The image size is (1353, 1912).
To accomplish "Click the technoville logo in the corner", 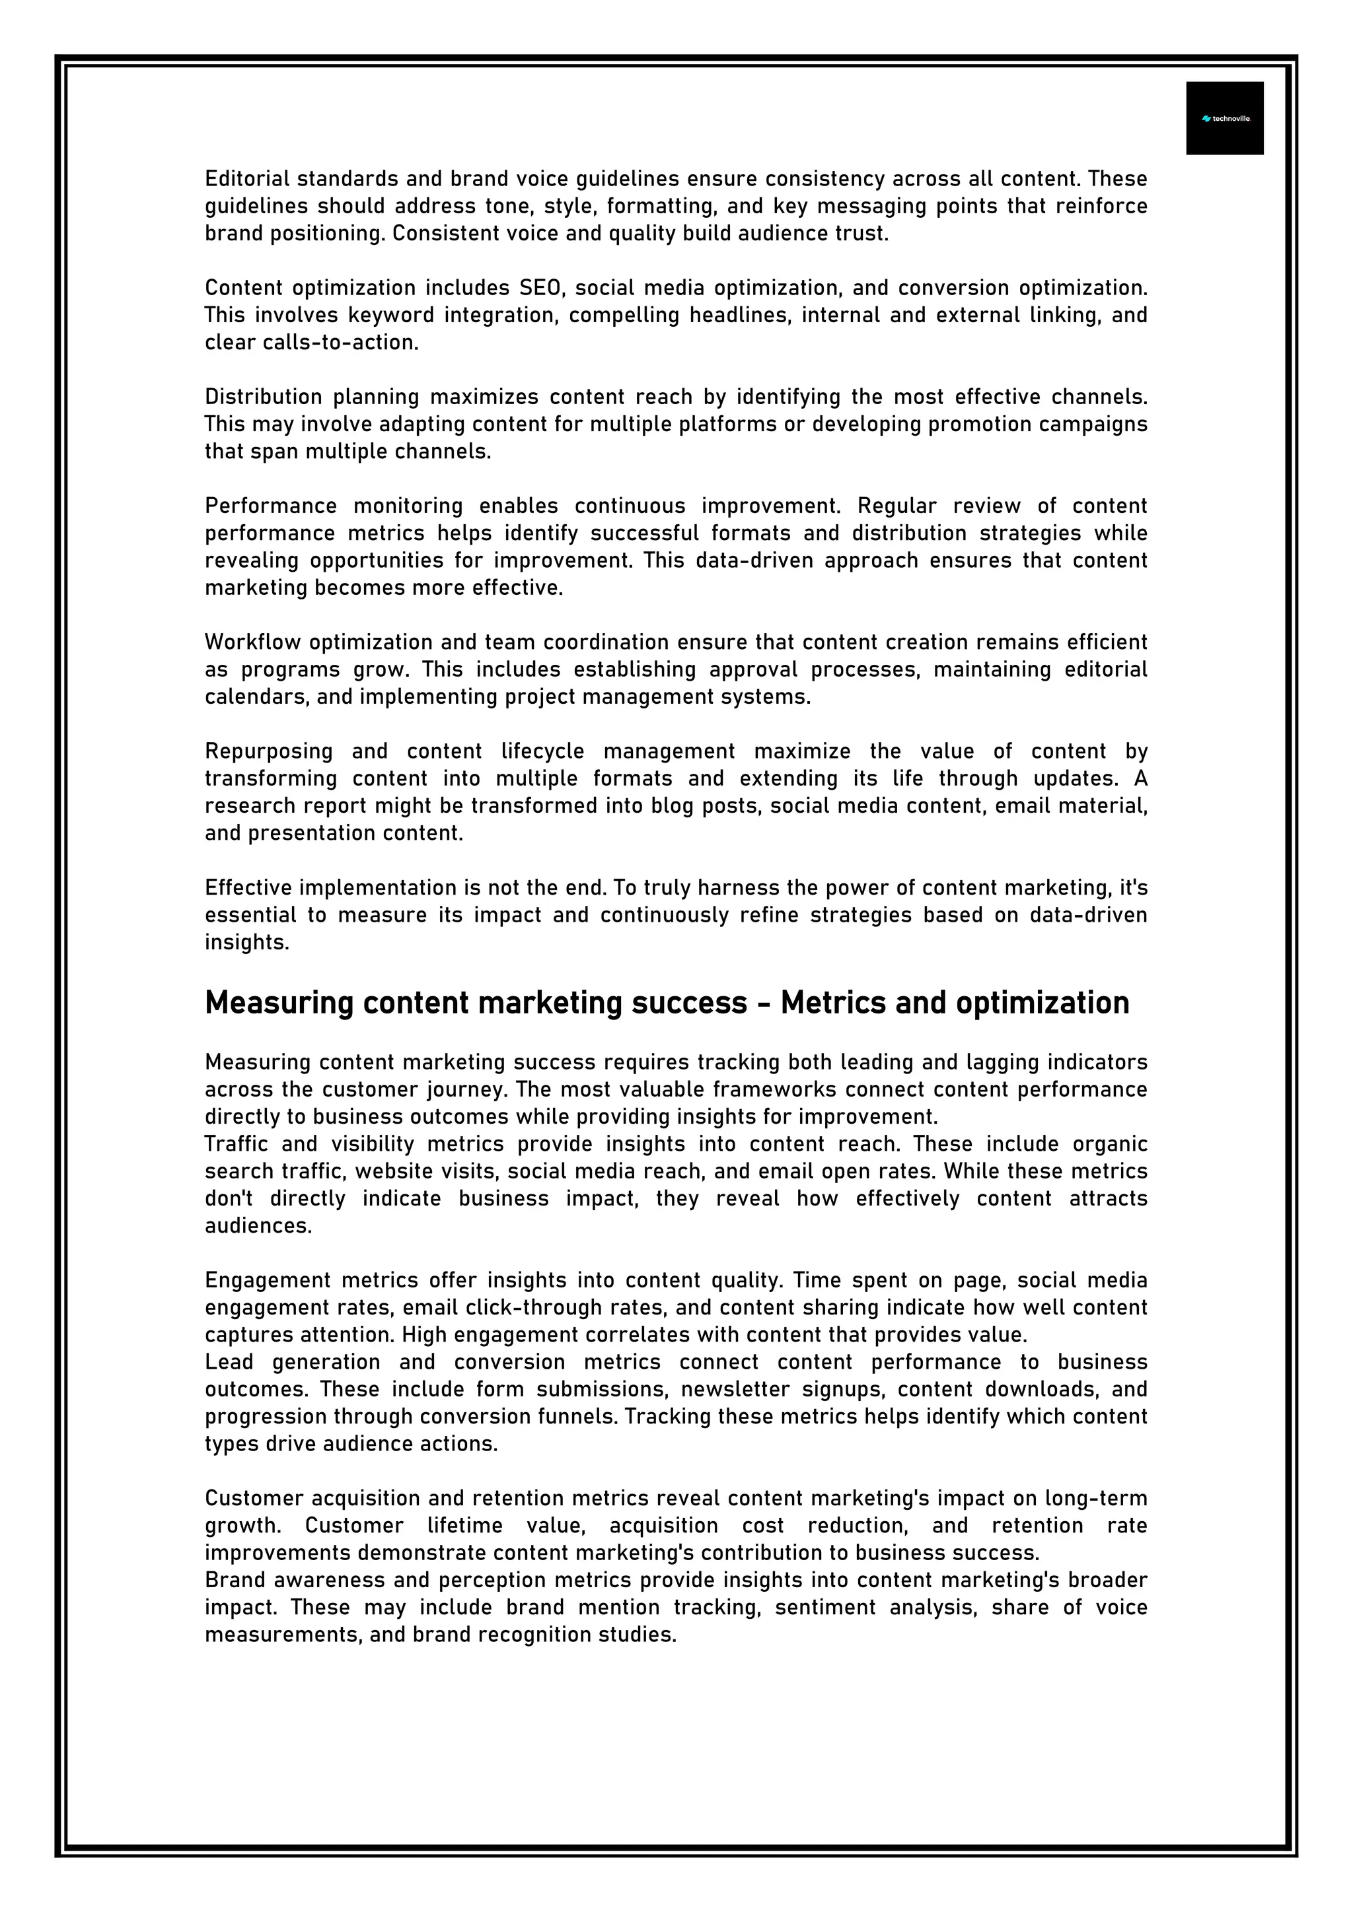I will click(1225, 118).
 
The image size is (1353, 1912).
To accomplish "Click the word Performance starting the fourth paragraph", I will click(271, 506).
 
